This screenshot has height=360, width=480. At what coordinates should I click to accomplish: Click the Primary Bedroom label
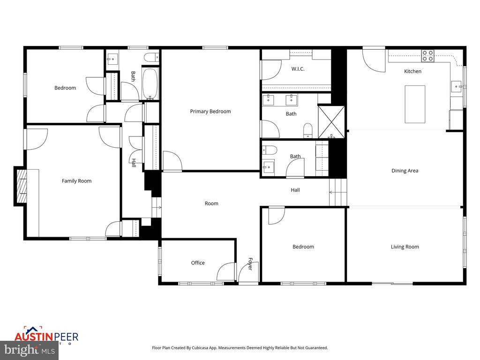pyautogui.click(x=210, y=112)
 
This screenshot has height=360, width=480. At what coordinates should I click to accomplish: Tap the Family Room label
pyautogui.click(x=76, y=181)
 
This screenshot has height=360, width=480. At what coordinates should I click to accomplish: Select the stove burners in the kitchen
pyautogui.click(x=427, y=56)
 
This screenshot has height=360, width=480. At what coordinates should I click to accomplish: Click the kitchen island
pyautogui.click(x=415, y=104)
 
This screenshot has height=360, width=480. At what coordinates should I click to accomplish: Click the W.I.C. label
pyautogui.click(x=298, y=69)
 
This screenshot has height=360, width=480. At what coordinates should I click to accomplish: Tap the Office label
pyautogui.click(x=198, y=263)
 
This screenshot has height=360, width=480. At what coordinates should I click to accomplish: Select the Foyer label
pyautogui.click(x=250, y=264)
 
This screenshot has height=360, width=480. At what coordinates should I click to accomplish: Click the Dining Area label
pyautogui.click(x=405, y=171)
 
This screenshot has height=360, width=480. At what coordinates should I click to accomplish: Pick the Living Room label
pyautogui.click(x=405, y=247)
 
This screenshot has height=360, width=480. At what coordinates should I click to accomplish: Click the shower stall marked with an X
pyautogui.click(x=331, y=122)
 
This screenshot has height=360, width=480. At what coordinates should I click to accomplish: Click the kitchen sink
pyautogui.click(x=456, y=86)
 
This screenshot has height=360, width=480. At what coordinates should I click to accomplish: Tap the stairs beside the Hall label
pyautogui.click(x=337, y=192)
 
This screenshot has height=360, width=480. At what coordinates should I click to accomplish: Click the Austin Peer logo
pyautogui.click(x=46, y=336)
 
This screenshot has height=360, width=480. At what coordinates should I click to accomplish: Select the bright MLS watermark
pyautogui.click(x=29, y=350)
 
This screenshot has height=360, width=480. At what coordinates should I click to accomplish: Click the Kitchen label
pyautogui.click(x=412, y=71)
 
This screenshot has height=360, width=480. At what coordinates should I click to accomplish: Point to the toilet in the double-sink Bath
pyautogui.click(x=308, y=130)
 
